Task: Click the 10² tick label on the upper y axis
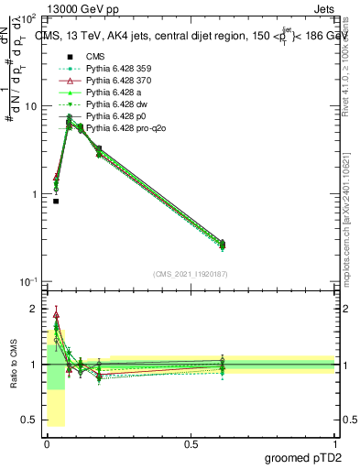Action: (x=29, y=18)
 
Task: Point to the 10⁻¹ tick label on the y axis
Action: (x=28, y=281)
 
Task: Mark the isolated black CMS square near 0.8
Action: (x=56, y=201)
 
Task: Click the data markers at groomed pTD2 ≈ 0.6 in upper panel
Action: (x=222, y=244)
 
